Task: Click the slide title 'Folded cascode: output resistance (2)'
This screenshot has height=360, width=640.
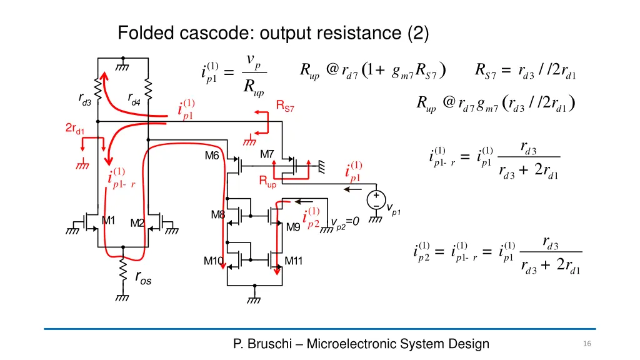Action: [273, 32]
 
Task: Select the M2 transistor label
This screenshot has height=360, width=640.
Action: [137, 223]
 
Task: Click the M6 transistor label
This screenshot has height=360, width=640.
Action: [212, 156]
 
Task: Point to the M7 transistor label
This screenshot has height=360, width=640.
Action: [267, 154]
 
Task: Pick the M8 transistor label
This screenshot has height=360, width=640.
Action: [217, 215]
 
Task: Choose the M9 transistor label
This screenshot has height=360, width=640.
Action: [293, 227]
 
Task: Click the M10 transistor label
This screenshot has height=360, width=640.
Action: [213, 261]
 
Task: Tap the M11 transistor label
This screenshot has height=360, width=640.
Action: [294, 261]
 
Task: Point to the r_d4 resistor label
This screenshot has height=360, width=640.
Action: [133, 98]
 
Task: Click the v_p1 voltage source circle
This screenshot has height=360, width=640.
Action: [377, 199]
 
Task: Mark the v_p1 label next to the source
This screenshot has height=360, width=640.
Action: [393, 208]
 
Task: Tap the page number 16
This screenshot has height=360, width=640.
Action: [586, 344]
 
